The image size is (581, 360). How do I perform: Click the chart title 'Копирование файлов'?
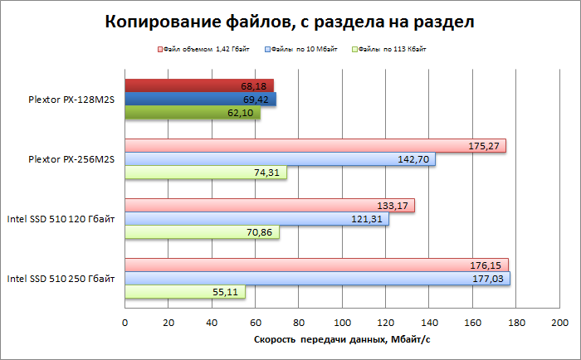click(x=290, y=22)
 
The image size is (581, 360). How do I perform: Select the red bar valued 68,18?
click(x=199, y=85)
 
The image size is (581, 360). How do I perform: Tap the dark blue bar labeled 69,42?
click(x=200, y=100)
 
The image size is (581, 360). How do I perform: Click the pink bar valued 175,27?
click(x=315, y=146)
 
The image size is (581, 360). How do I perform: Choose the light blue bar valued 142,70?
click(x=280, y=159)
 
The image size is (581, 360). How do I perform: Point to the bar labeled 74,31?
click(x=206, y=173)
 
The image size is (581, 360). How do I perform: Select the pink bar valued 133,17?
click(x=270, y=206)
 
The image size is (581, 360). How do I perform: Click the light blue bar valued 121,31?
click(x=256, y=219)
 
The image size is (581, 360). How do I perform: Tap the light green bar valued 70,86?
click(x=202, y=232)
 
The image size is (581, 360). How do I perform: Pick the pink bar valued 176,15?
click(x=316, y=265)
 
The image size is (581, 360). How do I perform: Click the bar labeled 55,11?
click(x=185, y=292)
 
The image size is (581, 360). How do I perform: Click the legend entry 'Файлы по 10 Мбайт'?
click(x=302, y=50)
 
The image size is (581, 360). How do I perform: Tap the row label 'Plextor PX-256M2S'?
click(x=71, y=159)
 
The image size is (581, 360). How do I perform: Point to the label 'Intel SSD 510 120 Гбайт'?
click(x=61, y=219)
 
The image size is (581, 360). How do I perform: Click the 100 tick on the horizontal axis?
click(x=342, y=322)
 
